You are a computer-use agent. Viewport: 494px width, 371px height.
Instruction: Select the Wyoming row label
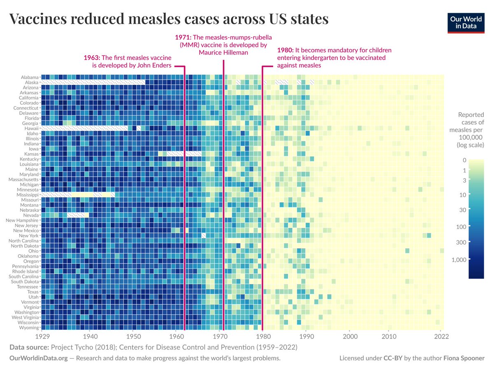[x=29, y=328]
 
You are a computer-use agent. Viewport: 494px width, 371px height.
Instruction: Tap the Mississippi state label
[x=28, y=195]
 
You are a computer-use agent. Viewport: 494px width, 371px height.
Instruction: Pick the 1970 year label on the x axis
[x=219, y=336]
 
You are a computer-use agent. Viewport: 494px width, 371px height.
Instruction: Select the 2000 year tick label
[x=350, y=336]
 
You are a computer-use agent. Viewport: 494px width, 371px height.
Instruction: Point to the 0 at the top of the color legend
[x=464, y=160]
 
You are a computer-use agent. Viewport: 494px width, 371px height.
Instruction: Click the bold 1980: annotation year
[x=285, y=50]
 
